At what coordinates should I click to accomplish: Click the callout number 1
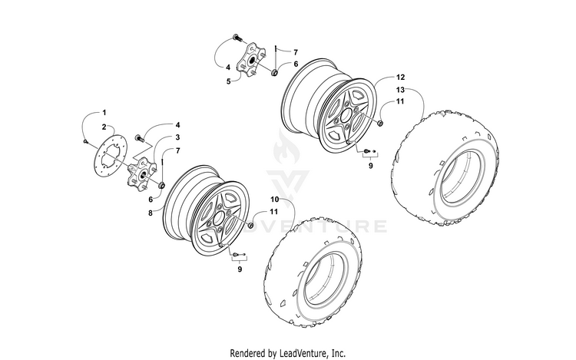(x=105, y=114)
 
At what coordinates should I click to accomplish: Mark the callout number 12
(x=400, y=78)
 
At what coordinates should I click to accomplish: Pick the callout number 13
(x=400, y=91)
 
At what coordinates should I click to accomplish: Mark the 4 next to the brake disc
(x=177, y=124)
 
